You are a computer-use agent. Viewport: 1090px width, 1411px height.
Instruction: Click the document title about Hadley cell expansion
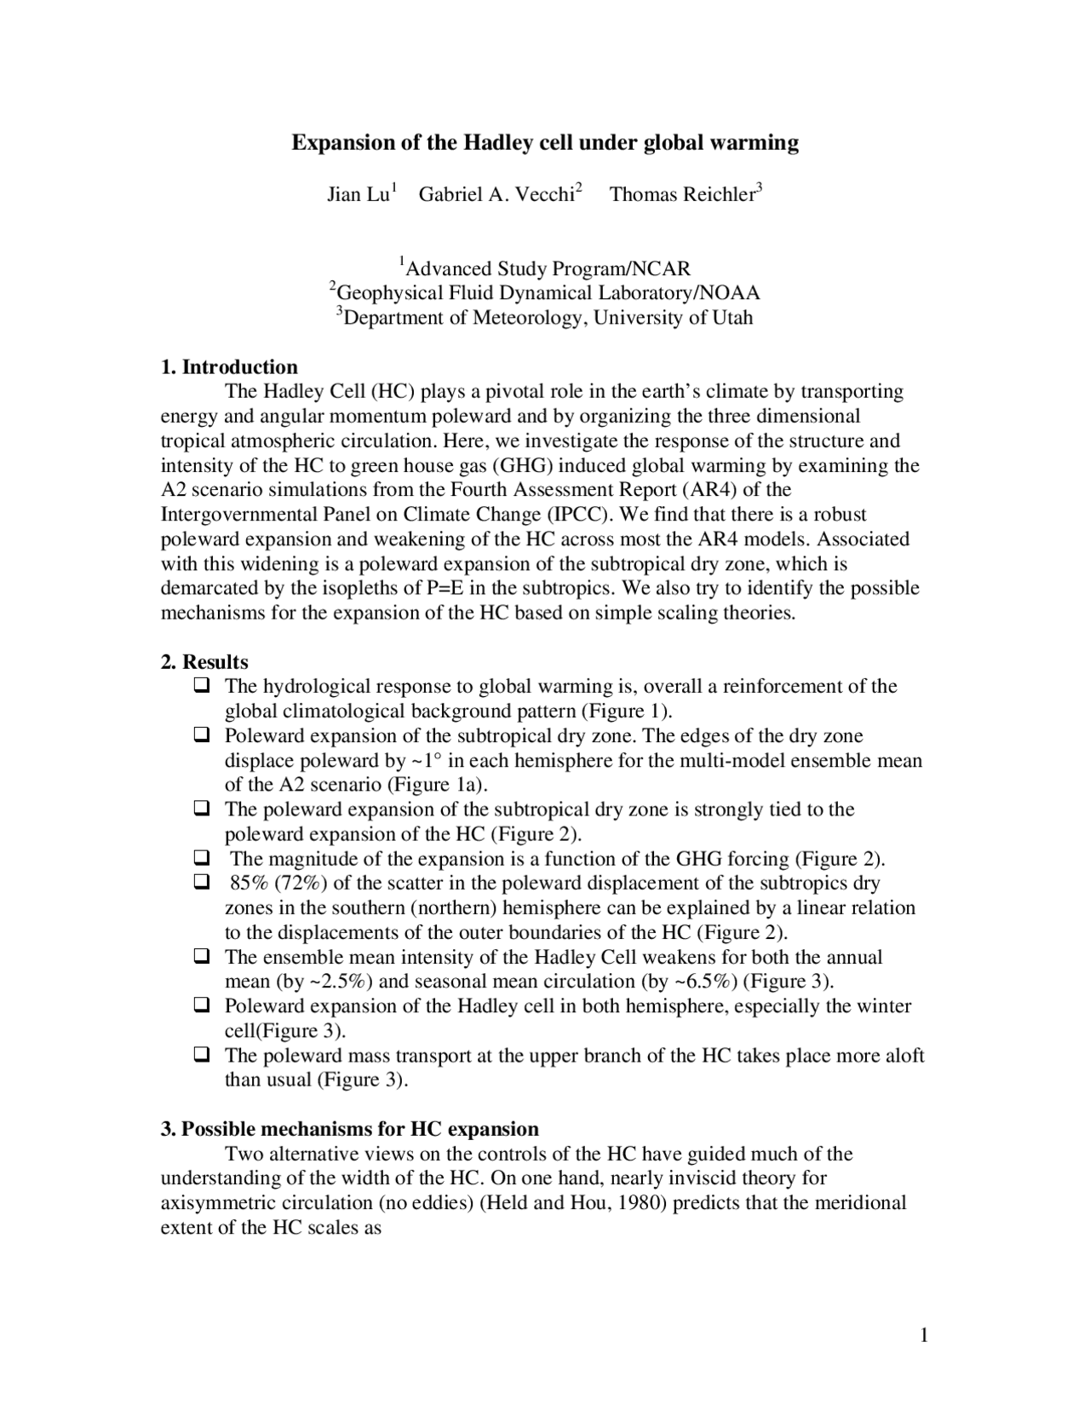(545, 142)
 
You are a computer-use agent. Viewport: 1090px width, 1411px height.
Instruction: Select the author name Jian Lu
(359, 195)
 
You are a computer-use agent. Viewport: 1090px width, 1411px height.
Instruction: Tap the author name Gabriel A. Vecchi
(496, 195)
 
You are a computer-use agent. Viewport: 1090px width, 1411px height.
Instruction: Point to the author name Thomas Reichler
(682, 195)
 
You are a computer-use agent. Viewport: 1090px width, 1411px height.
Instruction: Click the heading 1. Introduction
(229, 367)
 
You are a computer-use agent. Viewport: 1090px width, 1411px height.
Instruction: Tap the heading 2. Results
(204, 662)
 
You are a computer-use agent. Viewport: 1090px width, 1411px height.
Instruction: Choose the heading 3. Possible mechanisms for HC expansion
(350, 1129)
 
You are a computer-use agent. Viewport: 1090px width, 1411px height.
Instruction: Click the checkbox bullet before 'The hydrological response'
(202, 685)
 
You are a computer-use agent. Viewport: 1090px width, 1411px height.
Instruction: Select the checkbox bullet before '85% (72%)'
(202, 882)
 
